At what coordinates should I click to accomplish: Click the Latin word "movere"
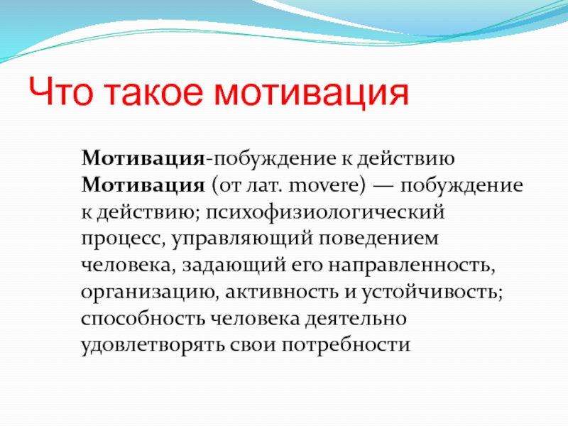(328, 185)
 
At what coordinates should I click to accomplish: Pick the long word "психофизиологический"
(325, 212)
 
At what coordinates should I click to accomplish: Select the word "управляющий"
(242, 239)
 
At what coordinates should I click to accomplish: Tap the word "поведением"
(379, 239)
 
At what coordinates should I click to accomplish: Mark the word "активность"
(282, 292)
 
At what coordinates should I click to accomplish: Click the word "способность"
(143, 318)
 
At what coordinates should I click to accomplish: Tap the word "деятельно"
(356, 319)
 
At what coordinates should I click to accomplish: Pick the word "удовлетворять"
(153, 345)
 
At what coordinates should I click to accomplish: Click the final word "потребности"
(346, 345)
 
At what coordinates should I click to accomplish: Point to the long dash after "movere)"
(383, 186)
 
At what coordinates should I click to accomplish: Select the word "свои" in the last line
(253, 345)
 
